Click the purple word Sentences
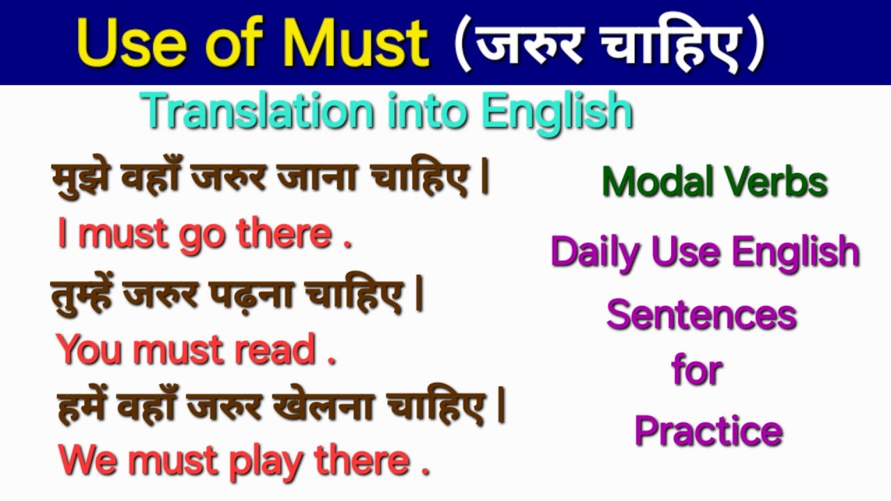[x=701, y=315]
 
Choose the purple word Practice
[x=709, y=431]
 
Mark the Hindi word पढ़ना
[x=261, y=296]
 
